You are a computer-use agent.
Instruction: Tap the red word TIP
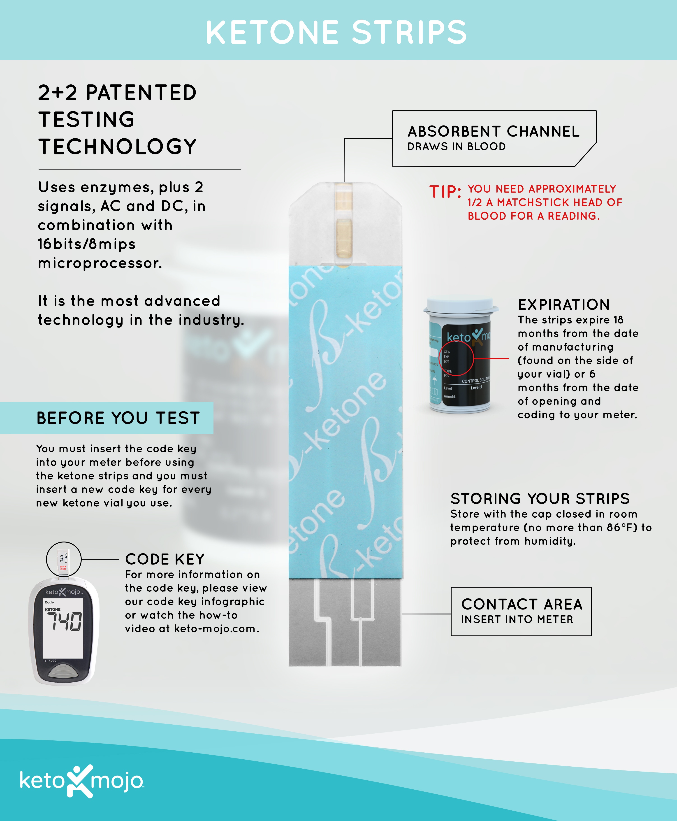(x=445, y=192)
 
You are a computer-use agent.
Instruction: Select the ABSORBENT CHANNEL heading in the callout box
(x=493, y=131)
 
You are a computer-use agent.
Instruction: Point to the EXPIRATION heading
(x=563, y=305)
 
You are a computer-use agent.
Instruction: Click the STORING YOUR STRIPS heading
(x=540, y=498)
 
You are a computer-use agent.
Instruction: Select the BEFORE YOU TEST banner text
(x=118, y=418)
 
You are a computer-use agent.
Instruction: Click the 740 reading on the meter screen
(x=64, y=622)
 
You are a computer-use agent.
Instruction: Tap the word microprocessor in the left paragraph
(x=100, y=263)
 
